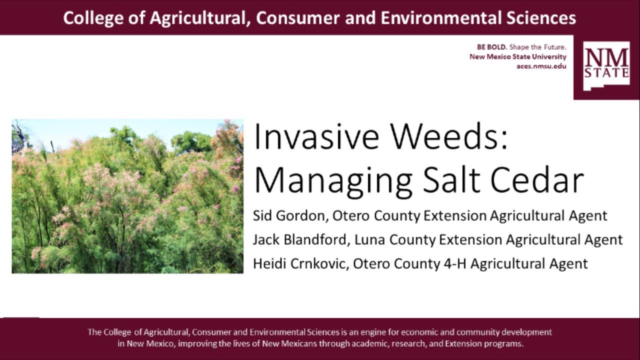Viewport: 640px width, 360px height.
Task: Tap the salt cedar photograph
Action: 127,196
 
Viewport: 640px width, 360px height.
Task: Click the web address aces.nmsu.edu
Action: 541,66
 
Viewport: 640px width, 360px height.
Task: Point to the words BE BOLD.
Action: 492,47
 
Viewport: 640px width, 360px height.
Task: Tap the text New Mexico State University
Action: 517,57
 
